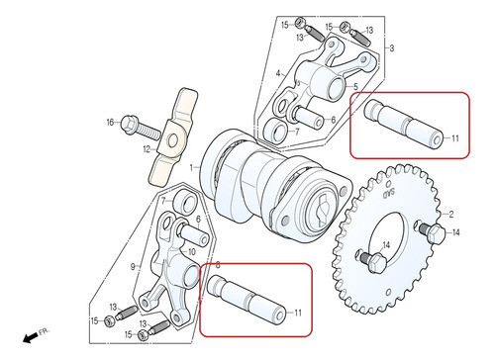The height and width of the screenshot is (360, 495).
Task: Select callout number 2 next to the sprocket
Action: click(x=450, y=214)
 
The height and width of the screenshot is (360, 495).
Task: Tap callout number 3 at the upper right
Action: click(x=391, y=47)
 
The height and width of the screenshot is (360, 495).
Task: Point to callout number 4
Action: click(x=279, y=72)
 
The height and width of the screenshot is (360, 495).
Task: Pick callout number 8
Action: click(x=218, y=267)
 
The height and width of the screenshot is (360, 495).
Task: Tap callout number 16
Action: click(x=111, y=123)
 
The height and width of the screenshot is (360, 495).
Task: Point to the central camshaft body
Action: click(x=272, y=183)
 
